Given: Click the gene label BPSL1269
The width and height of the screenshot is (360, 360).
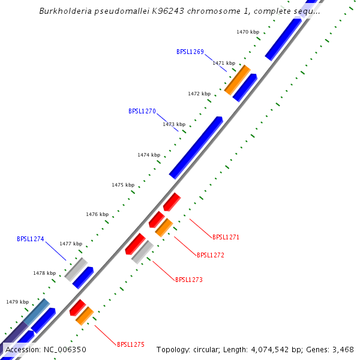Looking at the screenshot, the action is click(x=190, y=52).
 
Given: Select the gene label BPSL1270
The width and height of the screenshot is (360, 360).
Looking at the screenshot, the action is click(x=142, y=111).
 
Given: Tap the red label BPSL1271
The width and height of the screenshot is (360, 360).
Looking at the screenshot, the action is click(x=226, y=237).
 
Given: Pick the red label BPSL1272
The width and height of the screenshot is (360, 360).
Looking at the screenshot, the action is click(x=211, y=255).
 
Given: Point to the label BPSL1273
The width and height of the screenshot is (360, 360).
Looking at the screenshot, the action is click(x=189, y=280).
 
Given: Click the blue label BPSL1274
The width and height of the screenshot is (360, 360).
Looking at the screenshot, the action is click(x=31, y=239).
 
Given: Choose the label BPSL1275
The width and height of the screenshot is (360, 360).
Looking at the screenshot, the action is click(x=131, y=344).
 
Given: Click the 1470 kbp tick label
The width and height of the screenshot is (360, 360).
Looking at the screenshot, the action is click(x=247, y=31).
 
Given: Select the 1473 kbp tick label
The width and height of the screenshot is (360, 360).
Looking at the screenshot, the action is click(x=173, y=124).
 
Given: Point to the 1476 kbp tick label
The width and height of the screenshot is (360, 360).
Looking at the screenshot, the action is click(x=97, y=214).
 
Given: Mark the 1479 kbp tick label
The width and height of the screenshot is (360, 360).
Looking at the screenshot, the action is click(x=17, y=302).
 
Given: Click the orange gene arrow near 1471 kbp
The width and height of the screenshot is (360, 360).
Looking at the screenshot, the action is click(x=237, y=80).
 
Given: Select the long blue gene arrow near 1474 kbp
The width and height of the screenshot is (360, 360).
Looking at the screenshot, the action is click(x=196, y=148).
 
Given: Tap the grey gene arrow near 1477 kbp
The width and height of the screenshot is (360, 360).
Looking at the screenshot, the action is click(x=76, y=269).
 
